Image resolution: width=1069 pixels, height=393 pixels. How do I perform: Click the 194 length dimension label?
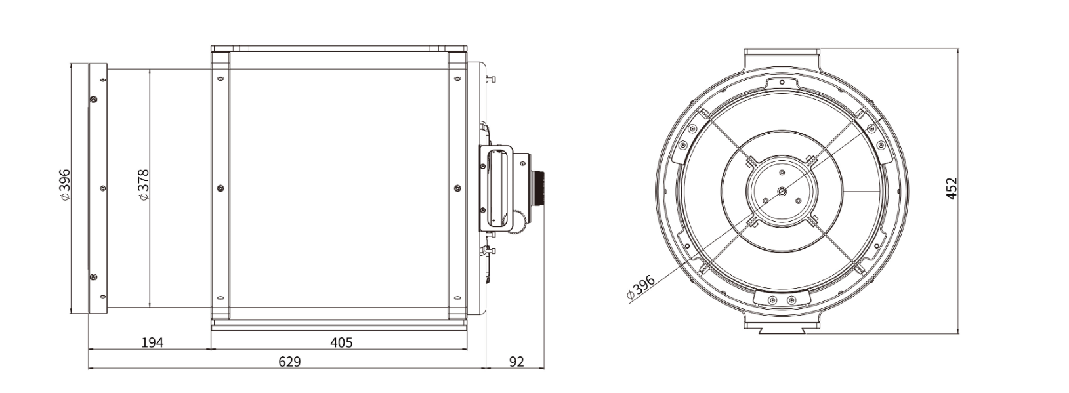coord(153,342)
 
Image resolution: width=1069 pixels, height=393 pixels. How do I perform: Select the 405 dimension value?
coord(341,342)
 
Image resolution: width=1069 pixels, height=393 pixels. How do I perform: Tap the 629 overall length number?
coord(289,362)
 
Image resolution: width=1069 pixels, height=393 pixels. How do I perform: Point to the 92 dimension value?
coord(516,362)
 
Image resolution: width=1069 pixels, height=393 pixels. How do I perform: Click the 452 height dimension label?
coord(951,188)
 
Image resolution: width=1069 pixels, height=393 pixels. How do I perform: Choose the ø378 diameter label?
coord(143,184)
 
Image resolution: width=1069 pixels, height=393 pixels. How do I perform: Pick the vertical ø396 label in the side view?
coord(64,184)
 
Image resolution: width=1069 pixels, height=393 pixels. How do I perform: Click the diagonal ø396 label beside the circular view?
coord(640,287)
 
